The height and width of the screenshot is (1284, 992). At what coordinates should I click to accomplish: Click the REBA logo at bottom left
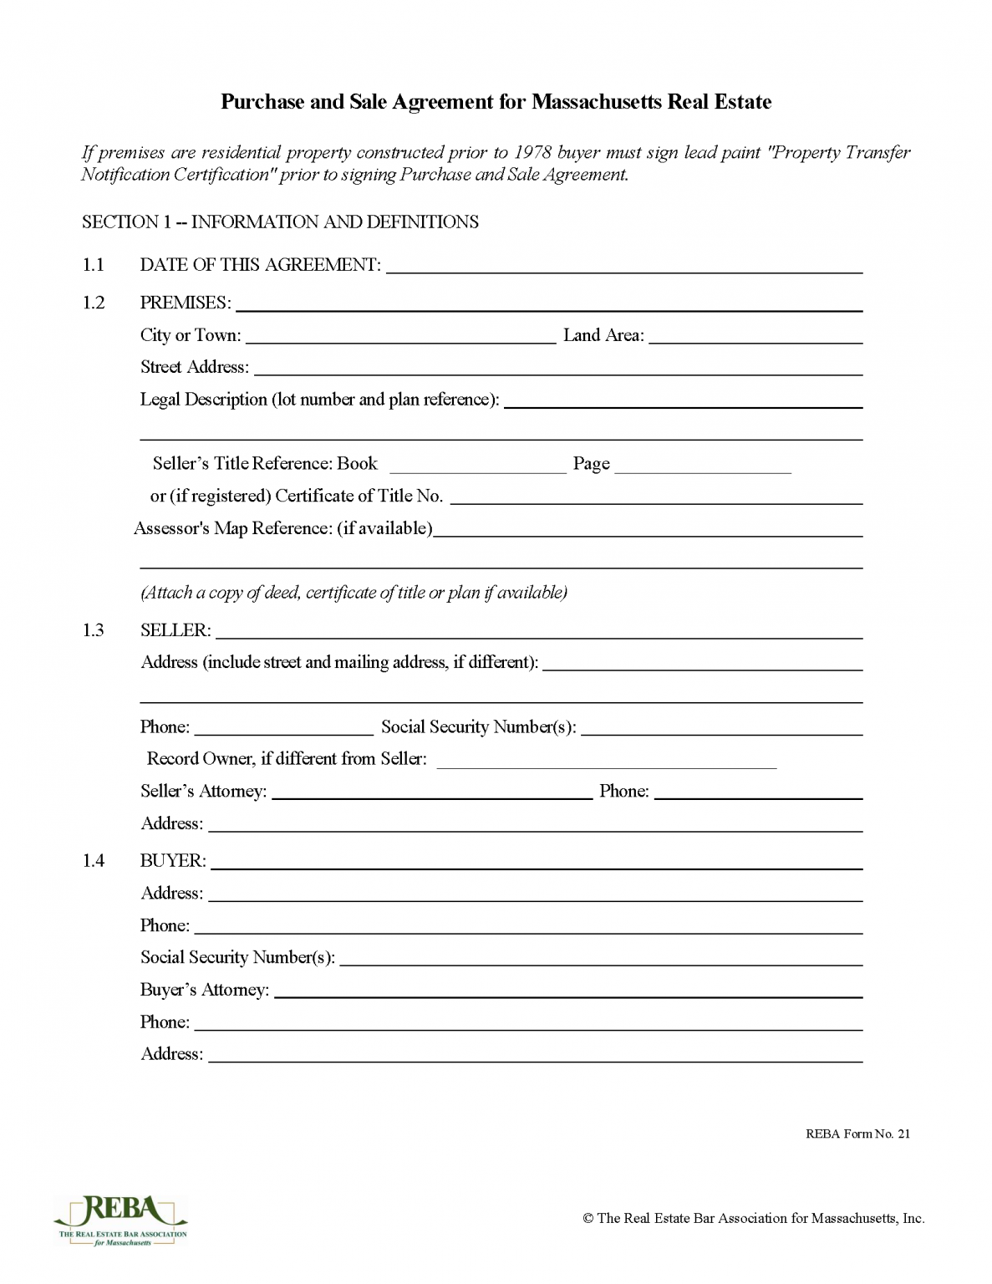pyautogui.click(x=120, y=1220)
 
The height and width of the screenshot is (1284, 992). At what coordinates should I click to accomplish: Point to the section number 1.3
pyautogui.click(x=93, y=630)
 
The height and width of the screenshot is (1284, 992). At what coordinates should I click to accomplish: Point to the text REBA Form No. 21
pyautogui.click(x=857, y=1134)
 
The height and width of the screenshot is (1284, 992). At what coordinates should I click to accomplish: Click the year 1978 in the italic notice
pyautogui.click(x=532, y=152)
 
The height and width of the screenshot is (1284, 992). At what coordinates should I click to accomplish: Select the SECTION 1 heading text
pyautogui.click(x=280, y=222)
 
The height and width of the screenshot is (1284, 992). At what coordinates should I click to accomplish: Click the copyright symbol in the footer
pyautogui.click(x=588, y=1219)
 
